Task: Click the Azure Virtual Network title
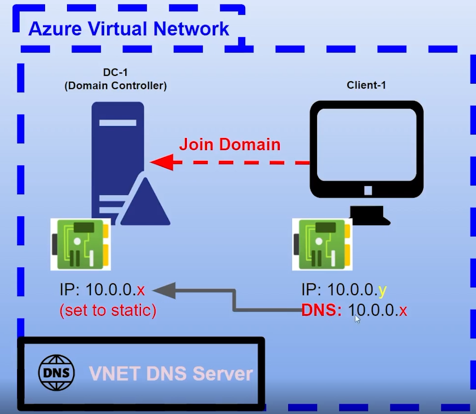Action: tap(129, 29)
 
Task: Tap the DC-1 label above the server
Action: tap(115, 72)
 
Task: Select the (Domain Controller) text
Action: tap(115, 86)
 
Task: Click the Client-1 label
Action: tap(366, 85)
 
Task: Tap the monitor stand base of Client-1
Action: tap(370, 216)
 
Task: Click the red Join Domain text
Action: tap(229, 144)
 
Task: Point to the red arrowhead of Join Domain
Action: tap(161, 162)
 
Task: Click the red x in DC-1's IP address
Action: tap(141, 290)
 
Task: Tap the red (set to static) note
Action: tap(108, 311)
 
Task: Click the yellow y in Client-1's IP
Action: tap(383, 290)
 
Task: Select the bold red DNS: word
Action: tap(321, 310)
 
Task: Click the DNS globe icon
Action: tap(57, 373)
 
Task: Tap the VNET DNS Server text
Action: tap(171, 374)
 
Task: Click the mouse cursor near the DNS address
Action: tap(358, 319)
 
